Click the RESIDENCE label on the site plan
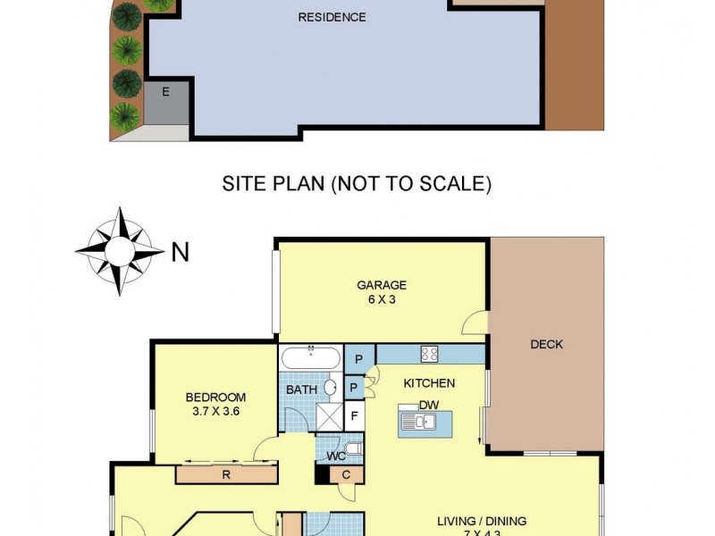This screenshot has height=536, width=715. [x=332, y=17]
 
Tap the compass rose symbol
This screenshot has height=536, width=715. [x=119, y=251]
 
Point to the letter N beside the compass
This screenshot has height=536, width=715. [x=180, y=253]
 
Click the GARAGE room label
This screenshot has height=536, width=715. [x=382, y=285]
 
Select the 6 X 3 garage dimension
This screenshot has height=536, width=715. [x=382, y=299]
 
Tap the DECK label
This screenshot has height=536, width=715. [x=546, y=344]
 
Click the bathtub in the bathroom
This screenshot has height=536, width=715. [x=310, y=358]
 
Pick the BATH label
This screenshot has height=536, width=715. [x=300, y=389]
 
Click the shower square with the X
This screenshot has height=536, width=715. [x=329, y=416]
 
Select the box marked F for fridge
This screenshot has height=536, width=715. [x=354, y=415]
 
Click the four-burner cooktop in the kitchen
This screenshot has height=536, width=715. [x=429, y=354]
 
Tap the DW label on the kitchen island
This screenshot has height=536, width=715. [x=428, y=405]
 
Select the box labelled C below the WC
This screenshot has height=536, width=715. [x=346, y=474]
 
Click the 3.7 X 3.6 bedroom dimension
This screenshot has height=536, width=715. [x=215, y=412]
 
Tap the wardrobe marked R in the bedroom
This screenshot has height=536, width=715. [x=226, y=474]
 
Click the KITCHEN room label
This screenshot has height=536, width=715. [x=429, y=383]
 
